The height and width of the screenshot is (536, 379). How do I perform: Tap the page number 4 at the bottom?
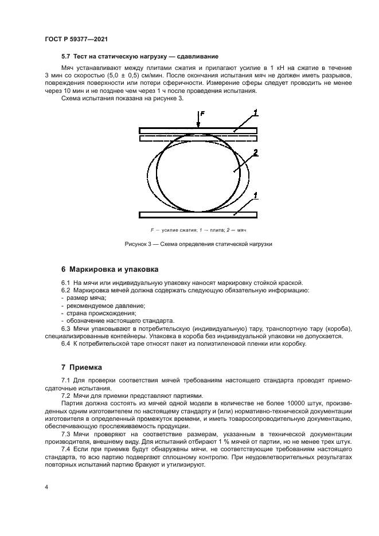click(x=47, y=487)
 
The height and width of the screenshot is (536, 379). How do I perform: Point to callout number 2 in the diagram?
click(x=255, y=152)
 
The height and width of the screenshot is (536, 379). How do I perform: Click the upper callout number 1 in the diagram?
click(x=255, y=111)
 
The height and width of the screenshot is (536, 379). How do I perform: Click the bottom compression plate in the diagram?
click(x=198, y=215)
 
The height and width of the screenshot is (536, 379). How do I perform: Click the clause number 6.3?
click(x=66, y=328)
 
